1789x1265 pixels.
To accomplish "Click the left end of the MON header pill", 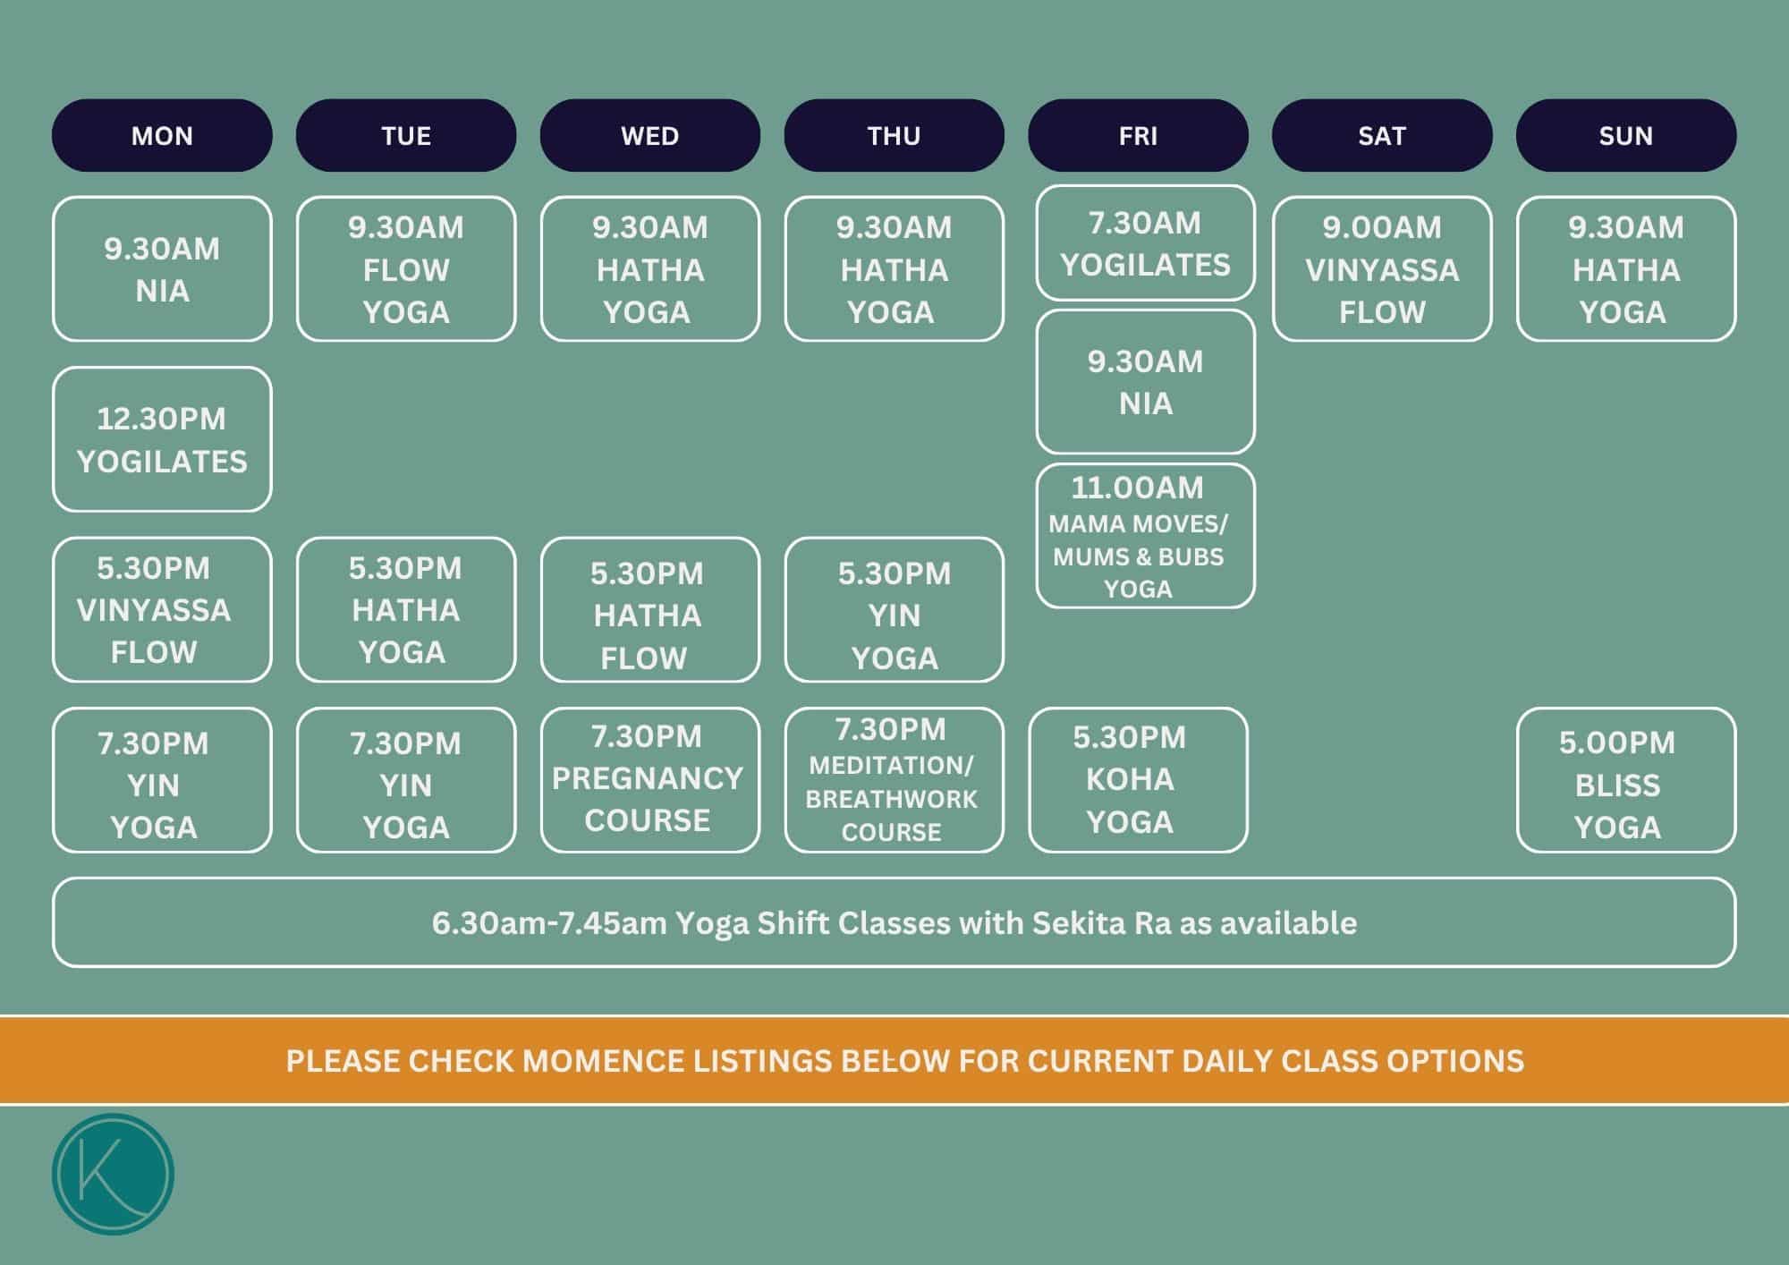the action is click(x=52, y=135).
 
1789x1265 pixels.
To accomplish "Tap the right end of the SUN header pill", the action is click(x=1736, y=135).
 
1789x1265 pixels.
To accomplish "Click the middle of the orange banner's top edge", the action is click(x=894, y=1016).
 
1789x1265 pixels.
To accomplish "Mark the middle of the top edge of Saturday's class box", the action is click(x=1382, y=197).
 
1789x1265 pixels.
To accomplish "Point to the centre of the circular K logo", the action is click(x=113, y=1174).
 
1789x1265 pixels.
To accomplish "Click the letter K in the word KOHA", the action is click(x=1095, y=779).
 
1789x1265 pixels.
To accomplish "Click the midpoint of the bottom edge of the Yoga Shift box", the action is click(x=894, y=966).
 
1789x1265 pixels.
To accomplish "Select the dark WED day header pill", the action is click(x=650, y=135).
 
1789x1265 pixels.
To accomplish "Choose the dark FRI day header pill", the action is click(x=1138, y=135).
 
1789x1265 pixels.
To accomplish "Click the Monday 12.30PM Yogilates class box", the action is click(x=162, y=439).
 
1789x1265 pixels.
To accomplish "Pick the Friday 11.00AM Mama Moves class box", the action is click(x=1145, y=536).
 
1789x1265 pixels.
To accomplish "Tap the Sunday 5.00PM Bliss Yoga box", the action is click(x=1626, y=780).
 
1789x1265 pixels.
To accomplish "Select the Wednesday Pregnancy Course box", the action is click(x=650, y=780).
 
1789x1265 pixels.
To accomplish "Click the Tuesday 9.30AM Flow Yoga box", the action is click(x=406, y=268).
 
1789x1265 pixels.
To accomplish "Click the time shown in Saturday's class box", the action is click(x=1382, y=227).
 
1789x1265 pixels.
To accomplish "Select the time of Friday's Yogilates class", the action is click(x=1145, y=223).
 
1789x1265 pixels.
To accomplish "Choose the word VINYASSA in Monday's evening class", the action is click(x=154, y=610).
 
